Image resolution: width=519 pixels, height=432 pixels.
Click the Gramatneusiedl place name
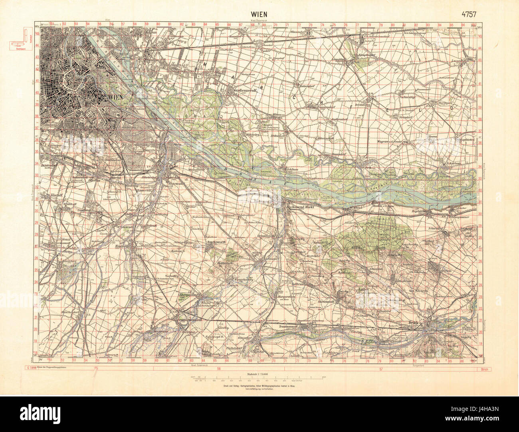185,320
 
